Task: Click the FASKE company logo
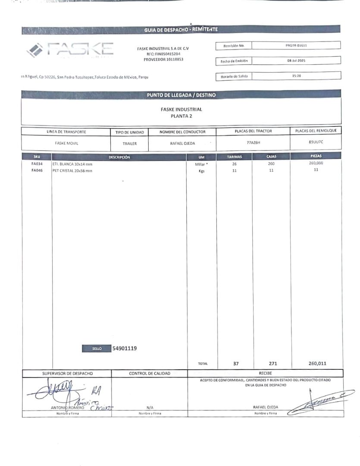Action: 70,50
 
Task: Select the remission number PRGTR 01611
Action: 296,45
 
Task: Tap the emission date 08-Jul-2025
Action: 296,61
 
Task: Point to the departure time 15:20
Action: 296,76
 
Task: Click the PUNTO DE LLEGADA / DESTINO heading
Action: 181,94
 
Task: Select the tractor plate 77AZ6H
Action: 253,142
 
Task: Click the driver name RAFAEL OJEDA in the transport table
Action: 182,143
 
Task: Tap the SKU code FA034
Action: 37,164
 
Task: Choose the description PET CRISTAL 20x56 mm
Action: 72,170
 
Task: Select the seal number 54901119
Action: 125,348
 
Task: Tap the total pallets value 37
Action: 235,363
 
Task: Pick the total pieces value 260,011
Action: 317,363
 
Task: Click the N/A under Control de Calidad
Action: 150,407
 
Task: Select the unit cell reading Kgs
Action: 201,171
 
